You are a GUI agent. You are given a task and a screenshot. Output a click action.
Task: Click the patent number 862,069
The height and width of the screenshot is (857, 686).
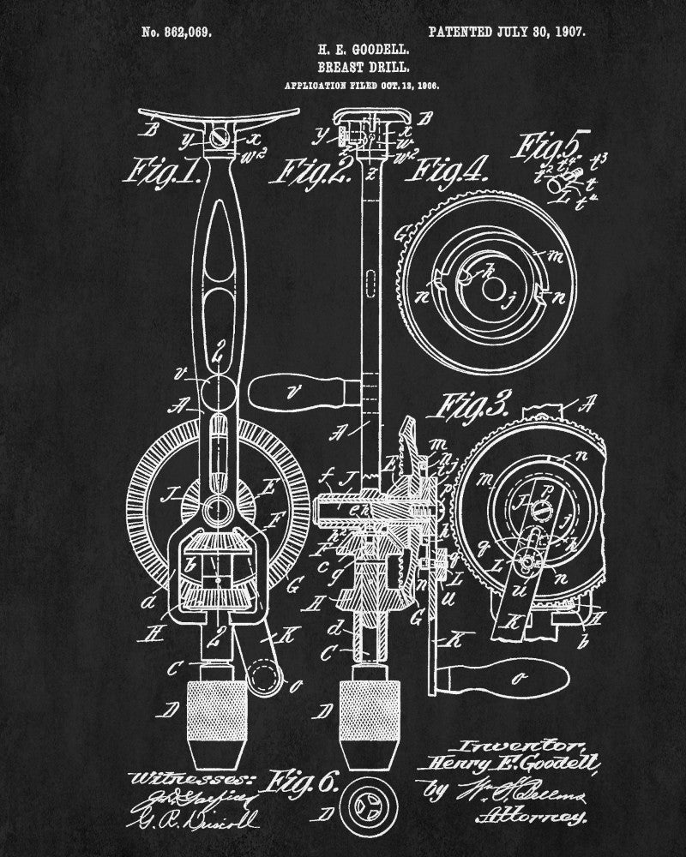176,32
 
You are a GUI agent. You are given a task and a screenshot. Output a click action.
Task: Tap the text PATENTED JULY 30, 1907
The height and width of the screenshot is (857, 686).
506,32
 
